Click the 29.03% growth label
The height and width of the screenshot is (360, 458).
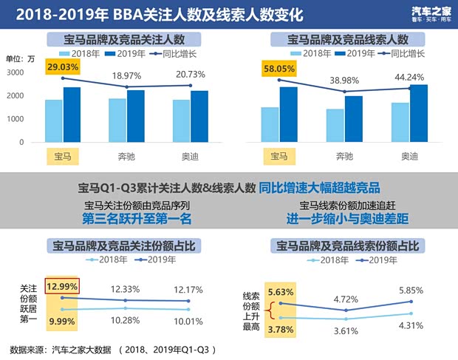coord(61,67)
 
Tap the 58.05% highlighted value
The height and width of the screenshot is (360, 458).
coord(279,67)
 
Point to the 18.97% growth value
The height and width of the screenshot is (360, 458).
coord(127,76)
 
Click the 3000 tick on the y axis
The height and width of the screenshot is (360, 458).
coord(16,72)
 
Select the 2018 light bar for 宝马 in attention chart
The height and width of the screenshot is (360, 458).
coord(53,120)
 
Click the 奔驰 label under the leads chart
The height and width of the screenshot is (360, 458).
coord(344,157)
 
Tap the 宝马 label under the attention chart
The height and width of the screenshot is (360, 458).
coord(62,157)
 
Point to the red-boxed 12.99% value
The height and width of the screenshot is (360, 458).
coord(61,286)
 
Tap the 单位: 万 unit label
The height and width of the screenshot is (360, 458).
coord(20,58)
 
